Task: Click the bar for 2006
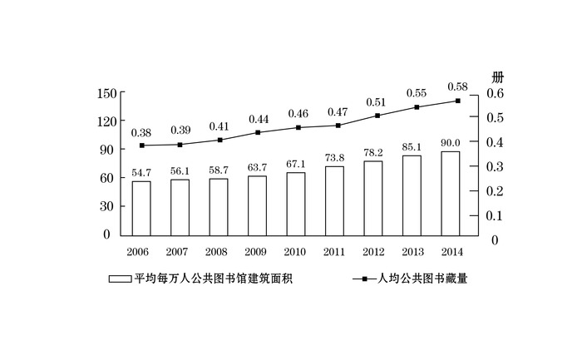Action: tap(141, 207)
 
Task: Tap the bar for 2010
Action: tap(296, 203)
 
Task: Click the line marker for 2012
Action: tap(377, 116)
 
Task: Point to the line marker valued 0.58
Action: tap(457, 101)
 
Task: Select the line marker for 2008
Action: tap(219, 140)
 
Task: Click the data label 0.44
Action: tap(257, 119)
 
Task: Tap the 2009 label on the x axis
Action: tap(257, 251)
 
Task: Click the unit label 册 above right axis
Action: tap(497, 77)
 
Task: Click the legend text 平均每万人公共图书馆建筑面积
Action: tap(214, 279)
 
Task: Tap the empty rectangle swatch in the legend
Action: tap(120, 279)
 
